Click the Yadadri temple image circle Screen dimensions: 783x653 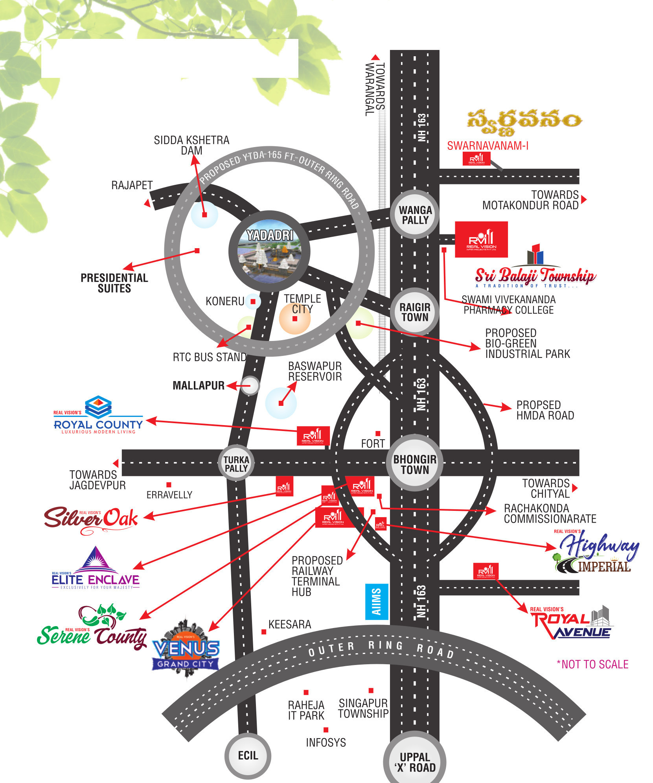pos(269,252)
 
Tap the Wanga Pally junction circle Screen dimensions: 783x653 pos(415,215)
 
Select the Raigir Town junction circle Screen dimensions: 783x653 pos(415,312)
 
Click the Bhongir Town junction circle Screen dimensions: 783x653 pos(415,463)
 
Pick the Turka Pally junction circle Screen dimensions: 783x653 pos(236,463)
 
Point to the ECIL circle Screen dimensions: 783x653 pos(248,755)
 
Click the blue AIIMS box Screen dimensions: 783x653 pos(377,602)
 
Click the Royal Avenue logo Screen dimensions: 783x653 pos(571,623)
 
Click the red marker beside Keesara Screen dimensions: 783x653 pos(264,632)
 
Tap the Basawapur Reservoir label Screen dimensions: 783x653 pos(315,371)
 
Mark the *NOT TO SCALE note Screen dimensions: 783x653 pos(592,664)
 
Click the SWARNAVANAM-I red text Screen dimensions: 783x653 pos(487,146)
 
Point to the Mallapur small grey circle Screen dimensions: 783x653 pos(250,385)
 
